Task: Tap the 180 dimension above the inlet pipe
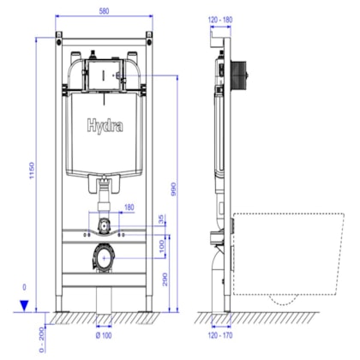point(129,207)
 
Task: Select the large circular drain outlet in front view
point(102,256)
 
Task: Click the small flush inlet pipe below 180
point(102,225)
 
